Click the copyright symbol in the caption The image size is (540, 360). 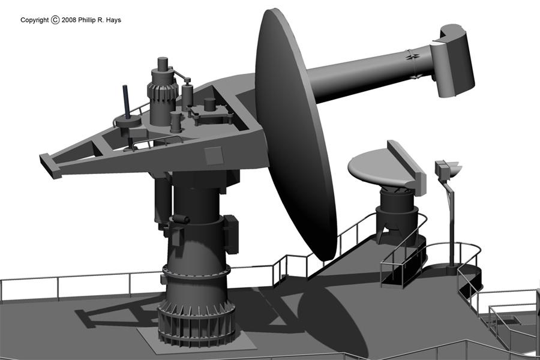pyautogui.click(x=55, y=20)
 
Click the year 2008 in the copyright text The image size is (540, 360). pyautogui.click(x=69, y=20)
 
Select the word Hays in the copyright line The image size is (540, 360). pyautogui.click(x=113, y=20)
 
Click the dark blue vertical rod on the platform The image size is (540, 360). pyautogui.click(x=126, y=101)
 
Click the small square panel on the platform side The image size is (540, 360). pyautogui.click(x=214, y=156)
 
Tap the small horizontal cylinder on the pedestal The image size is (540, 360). pyautogui.click(x=181, y=219)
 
